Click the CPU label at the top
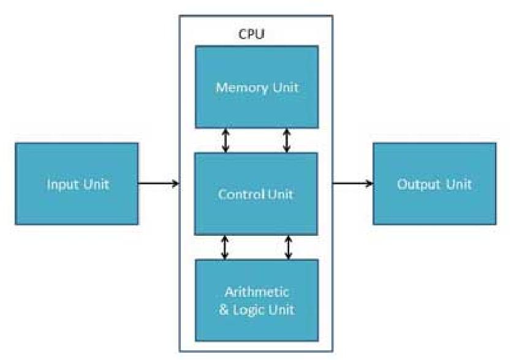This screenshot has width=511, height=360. (x=252, y=33)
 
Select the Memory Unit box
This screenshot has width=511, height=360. (x=256, y=87)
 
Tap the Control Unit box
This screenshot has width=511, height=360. (x=256, y=193)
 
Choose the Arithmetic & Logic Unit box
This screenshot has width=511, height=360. (x=256, y=300)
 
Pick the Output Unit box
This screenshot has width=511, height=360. (x=434, y=184)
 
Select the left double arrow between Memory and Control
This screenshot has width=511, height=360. (x=225, y=140)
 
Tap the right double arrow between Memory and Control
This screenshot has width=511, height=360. (x=287, y=140)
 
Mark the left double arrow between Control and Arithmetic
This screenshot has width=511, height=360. (x=225, y=247)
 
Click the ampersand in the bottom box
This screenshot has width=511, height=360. (x=224, y=309)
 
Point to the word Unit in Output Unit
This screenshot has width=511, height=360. (x=459, y=184)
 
